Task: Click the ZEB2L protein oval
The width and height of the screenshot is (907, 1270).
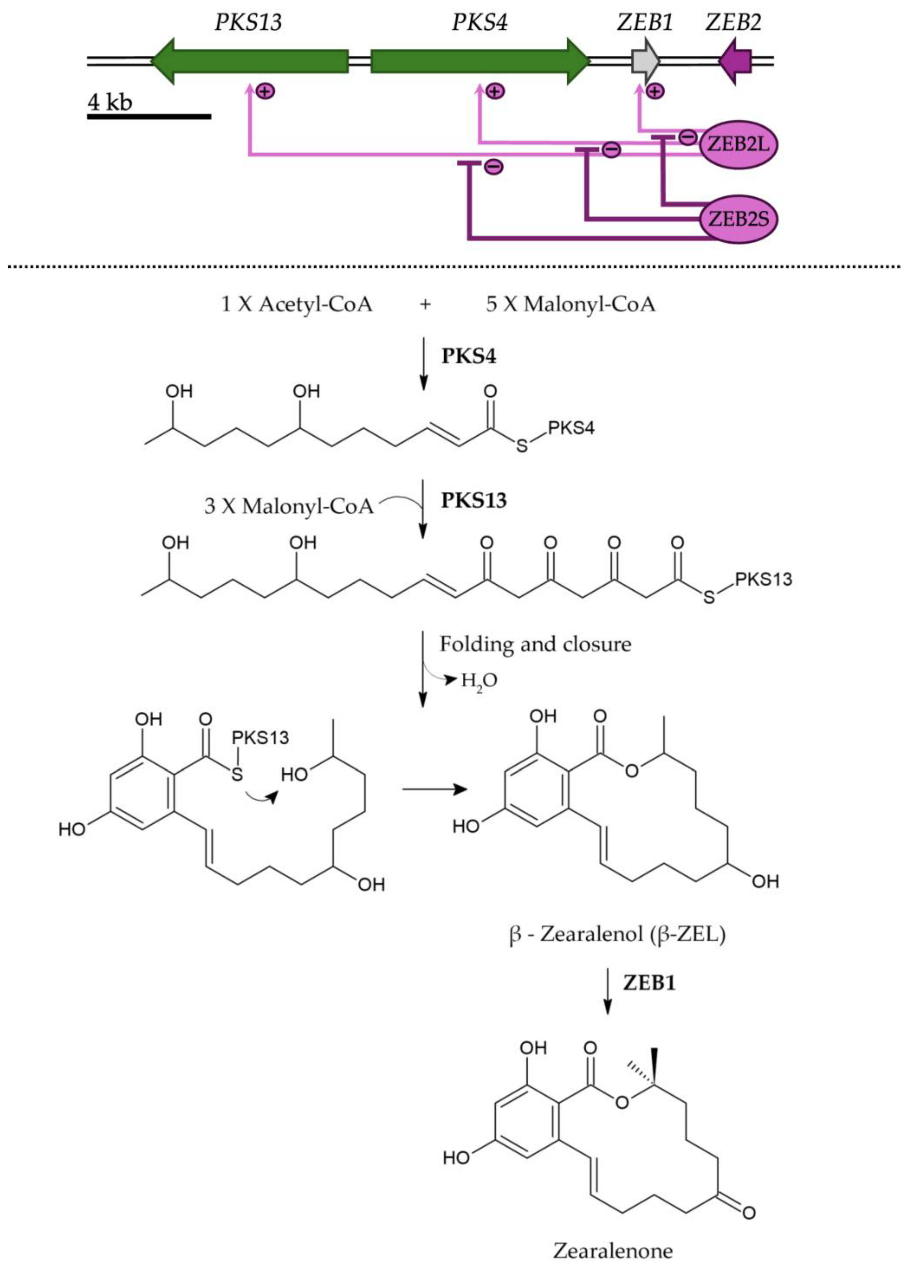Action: coord(738,145)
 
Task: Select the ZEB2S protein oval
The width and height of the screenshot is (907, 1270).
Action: coord(738,219)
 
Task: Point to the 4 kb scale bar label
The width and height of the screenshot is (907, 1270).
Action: coord(110,102)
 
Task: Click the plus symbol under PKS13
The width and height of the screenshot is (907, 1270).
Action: coord(266,90)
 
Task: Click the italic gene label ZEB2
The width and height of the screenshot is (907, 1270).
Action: coord(733,22)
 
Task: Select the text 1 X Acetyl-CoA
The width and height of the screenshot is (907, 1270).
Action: coord(296,304)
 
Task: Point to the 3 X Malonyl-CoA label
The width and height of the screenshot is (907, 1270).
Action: coord(288,506)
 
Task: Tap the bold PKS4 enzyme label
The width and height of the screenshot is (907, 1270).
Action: coord(469,356)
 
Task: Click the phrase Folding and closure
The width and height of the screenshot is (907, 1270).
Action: coord(535,644)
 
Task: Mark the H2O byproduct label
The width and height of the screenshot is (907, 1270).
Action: coord(479,681)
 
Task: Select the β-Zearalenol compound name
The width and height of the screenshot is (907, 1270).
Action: coord(617,934)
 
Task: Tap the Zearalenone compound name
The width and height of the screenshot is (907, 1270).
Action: coord(613,1251)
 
